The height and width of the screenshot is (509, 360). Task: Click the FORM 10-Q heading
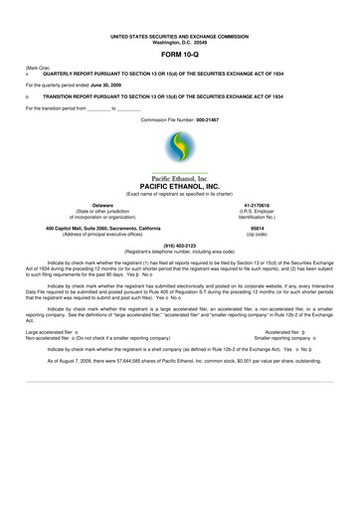[x=179, y=55]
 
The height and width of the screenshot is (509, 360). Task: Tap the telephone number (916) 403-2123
[x=179, y=245]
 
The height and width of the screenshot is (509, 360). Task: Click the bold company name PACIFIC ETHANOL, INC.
[x=179, y=186]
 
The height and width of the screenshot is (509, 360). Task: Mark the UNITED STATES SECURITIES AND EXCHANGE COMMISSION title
[x=179, y=36]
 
